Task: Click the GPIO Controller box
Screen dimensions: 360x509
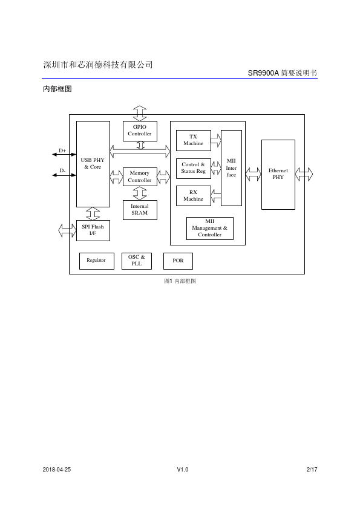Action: (140, 131)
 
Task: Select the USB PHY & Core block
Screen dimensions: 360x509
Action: (93, 164)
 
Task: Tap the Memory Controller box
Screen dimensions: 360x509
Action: (140, 177)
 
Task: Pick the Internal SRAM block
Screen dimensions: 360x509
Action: (140, 210)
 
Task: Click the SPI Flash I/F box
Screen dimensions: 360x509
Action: (93, 230)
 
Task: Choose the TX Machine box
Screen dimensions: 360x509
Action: (194, 140)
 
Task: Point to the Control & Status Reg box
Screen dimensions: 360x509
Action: (194, 168)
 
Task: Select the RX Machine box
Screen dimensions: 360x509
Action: (194, 196)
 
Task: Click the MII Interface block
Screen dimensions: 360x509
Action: (231, 168)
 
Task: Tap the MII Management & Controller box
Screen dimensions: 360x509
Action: (209, 229)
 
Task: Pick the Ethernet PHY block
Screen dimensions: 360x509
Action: (278, 174)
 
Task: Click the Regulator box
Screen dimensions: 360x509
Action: (96, 261)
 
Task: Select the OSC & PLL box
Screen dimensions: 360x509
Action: (137, 261)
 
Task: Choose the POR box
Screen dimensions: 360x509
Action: (178, 261)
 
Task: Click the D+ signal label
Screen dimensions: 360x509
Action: (62, 151)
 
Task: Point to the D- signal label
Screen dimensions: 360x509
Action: (62, 170)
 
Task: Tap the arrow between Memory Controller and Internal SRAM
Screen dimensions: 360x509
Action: (140, 193)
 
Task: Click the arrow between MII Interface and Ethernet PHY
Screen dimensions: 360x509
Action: (253, 174)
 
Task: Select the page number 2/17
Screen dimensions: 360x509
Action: (312, 469)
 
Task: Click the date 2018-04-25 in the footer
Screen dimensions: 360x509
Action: (56, 469)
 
